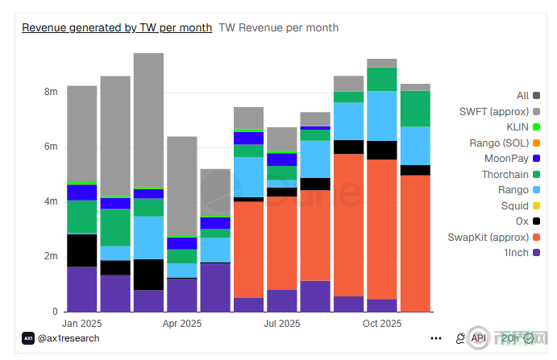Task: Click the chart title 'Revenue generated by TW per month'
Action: point(117,27)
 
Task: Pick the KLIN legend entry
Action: point(517,126)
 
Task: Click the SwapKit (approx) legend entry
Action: point(493,237)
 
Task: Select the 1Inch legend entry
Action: point(516,252)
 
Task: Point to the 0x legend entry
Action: point(522,221)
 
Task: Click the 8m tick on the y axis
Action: point(51,93)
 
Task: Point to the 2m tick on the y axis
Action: point(51,257)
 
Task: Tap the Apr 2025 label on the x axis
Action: point(182,324)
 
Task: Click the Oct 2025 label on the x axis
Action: point(381,324)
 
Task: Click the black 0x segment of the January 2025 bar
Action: point(82,250)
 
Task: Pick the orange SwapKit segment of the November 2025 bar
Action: point(415,242)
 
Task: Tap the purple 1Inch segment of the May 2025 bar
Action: point(215,287)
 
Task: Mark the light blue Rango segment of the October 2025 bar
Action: point(381,116)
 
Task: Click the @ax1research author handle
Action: point(69,338)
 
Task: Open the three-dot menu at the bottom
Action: point(436,338)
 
